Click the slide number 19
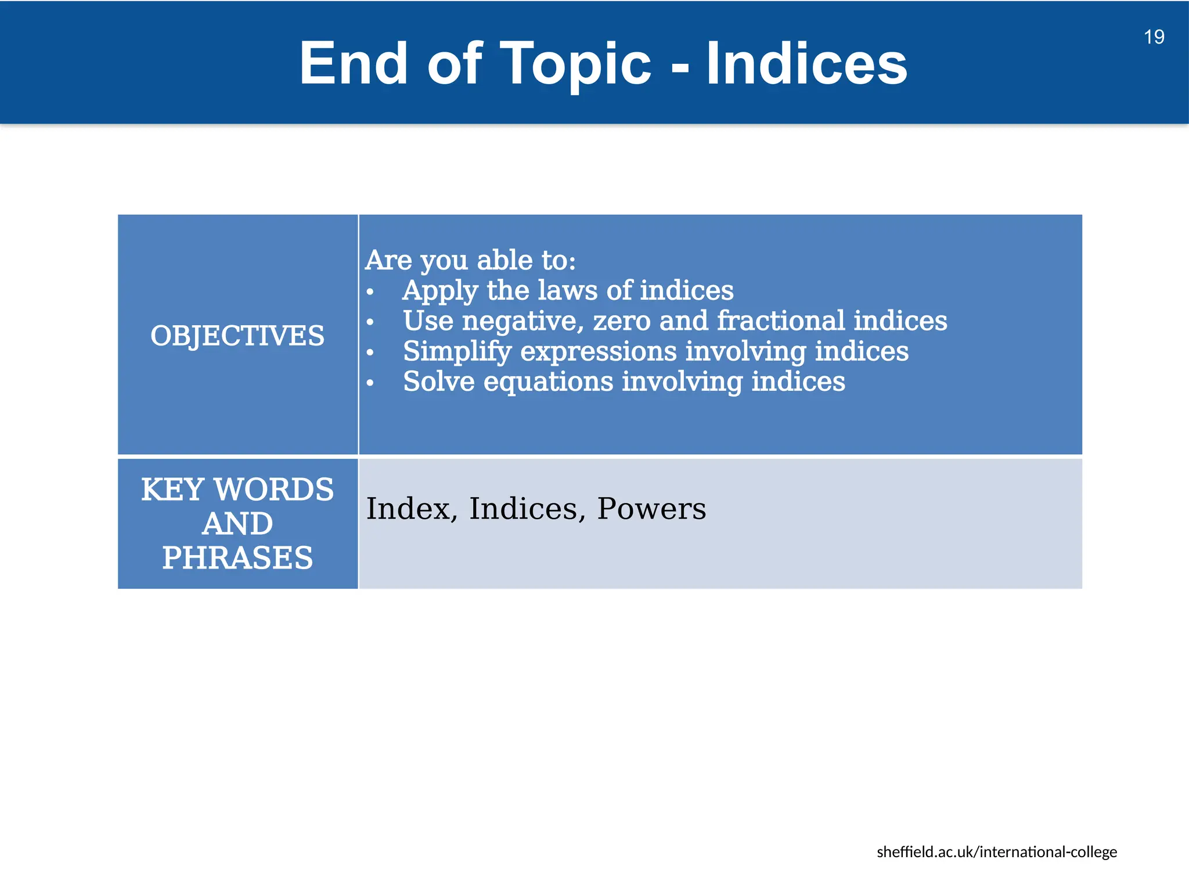pos(1154,37)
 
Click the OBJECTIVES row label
pos(237,336)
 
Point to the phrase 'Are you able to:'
pos(470,260)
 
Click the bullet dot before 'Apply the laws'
pos(370,292)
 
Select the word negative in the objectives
pos(523,321)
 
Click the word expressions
pos(598,351)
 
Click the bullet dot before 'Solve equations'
pos(370,383)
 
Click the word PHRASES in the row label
pos(237,557)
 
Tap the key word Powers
pos(651,509)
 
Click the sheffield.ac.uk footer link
pos(996,852)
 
